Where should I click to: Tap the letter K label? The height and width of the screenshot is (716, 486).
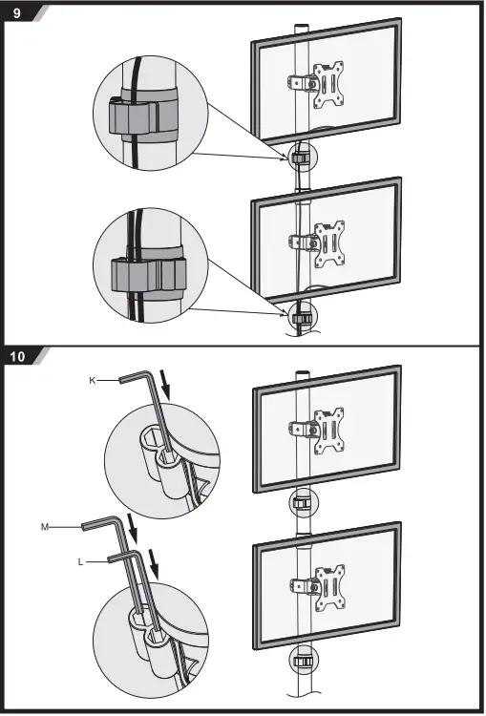[92, 380]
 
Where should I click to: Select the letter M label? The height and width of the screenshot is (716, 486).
[44, 527]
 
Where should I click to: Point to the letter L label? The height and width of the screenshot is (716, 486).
[81, 562]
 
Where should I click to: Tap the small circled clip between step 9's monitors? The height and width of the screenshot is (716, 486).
[301, 156]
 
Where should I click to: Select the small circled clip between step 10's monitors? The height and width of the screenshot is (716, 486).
[301, 503]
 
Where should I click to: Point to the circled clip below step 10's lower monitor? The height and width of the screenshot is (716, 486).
[301, 661]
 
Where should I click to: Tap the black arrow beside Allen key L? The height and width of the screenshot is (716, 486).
[155, 571]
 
